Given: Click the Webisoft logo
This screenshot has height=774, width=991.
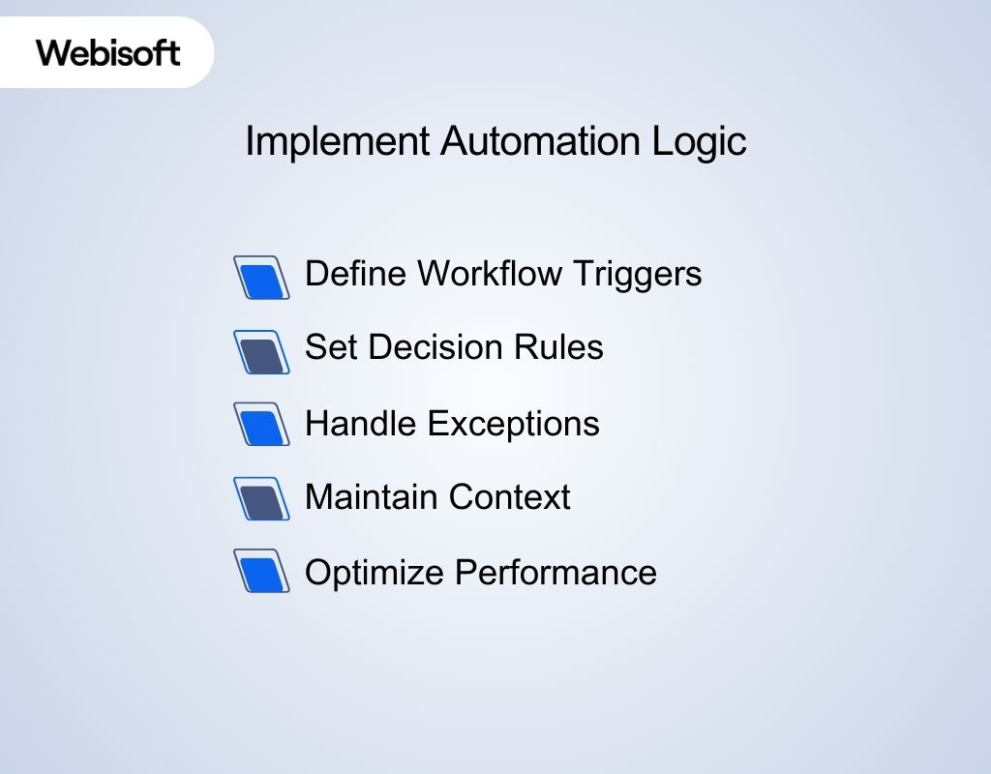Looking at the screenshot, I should [108, 51].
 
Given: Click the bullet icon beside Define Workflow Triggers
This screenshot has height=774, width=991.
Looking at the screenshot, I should [262, 278].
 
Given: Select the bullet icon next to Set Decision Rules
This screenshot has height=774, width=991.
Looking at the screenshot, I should [262, 352].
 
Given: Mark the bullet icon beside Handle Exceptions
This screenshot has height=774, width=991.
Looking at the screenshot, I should [262, 425].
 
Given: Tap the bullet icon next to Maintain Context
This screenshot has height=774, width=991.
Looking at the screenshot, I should [262, 499].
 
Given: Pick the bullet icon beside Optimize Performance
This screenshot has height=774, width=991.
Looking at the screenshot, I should [262, 571].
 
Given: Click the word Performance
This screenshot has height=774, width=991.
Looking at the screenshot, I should [556, 572].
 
